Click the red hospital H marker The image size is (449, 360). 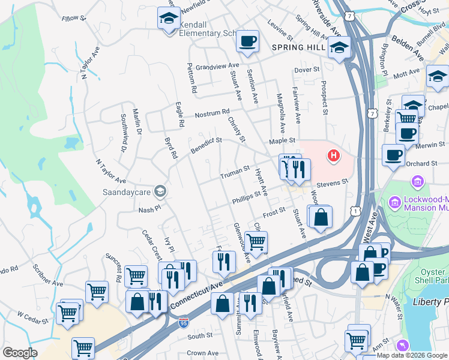(333, 157)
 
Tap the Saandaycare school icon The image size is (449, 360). (160, 191)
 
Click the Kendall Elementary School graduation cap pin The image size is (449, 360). (169, 18)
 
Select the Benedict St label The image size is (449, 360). (206, 145)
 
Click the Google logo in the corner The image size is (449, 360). (20, 352)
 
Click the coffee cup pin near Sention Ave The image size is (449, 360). (247, 41)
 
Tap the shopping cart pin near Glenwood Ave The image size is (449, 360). (256, 242)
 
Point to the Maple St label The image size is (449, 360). (283, 140)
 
